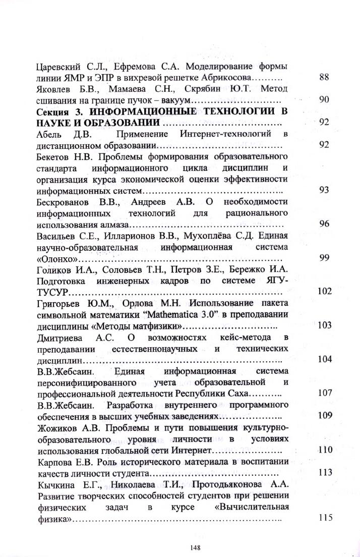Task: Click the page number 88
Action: (325, 78)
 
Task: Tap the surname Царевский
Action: (59, 67)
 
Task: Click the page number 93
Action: (325, 190)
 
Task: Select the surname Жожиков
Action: (59, 428)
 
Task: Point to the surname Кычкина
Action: (58, 484)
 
